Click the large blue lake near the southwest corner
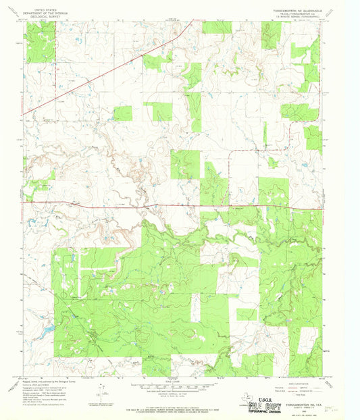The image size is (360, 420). [x=47, y=330]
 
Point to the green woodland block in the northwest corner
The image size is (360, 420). [x=41, y=42]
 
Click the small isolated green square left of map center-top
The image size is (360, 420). [x=122, y=113]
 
